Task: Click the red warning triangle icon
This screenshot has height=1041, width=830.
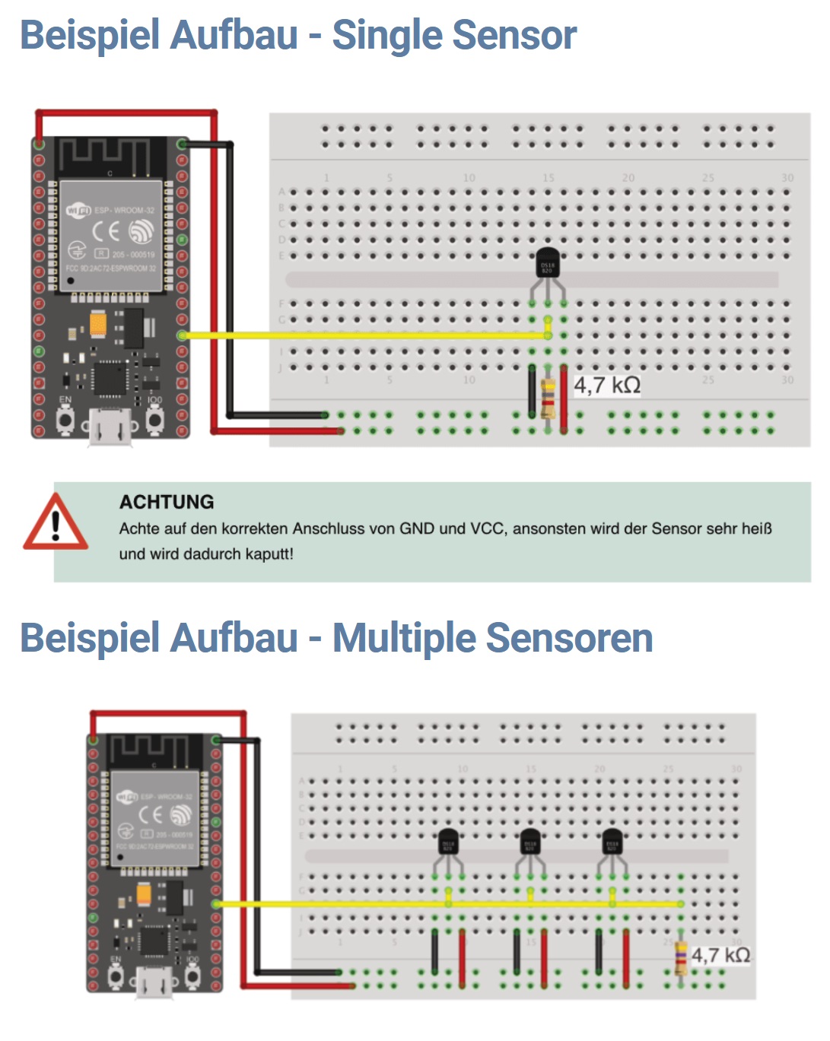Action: point(55,523)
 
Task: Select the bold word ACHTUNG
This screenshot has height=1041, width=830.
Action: point(167,502)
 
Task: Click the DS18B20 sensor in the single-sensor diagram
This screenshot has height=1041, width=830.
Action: point(547,265)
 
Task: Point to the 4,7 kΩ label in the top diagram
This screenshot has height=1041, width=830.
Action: point(606,386)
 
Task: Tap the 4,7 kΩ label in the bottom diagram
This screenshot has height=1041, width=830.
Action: point(720,955)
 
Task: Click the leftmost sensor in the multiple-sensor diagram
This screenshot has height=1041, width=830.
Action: point(448,843)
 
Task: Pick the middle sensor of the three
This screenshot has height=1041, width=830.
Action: point(530,843)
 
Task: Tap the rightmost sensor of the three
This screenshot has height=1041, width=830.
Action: point(612,843)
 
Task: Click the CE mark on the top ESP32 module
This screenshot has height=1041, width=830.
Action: point(106,230)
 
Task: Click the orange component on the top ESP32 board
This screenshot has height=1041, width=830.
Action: point(99,325)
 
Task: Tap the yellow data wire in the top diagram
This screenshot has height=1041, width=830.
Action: point(365,335)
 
